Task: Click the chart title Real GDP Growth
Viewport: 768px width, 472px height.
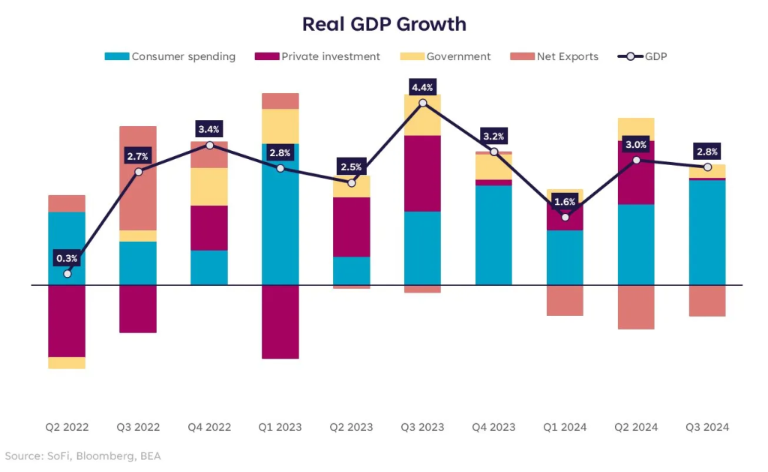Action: tap(384, 24)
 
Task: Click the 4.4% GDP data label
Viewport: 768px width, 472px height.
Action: tap(423, 88)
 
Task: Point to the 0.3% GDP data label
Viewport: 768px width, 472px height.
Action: tap(67, 259)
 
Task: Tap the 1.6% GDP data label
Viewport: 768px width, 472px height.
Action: tap(565, 202)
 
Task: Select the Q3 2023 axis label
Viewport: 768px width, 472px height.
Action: tap(423, 427)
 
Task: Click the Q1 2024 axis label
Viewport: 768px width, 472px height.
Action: tap(565, 427)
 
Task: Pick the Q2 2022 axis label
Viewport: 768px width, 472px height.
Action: tap(67, 427)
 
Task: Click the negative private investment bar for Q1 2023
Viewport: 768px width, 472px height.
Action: tap(280, 322)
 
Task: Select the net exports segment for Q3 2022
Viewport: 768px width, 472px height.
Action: tap(138, 178)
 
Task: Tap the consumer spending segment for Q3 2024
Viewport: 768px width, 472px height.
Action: tap(707, 233)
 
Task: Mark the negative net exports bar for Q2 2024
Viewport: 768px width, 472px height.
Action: tap(636, 307)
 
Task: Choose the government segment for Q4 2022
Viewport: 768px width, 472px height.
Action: tap(209, 187)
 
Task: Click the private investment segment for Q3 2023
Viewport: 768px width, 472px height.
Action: tap(423, 173)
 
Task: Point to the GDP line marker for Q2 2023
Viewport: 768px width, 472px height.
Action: tap(352, 183)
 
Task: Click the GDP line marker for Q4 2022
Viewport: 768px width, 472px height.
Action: tap(209, 145)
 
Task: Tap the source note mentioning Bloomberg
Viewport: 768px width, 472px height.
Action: tap(82, 456)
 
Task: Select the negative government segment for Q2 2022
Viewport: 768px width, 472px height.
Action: tap(67, 362)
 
